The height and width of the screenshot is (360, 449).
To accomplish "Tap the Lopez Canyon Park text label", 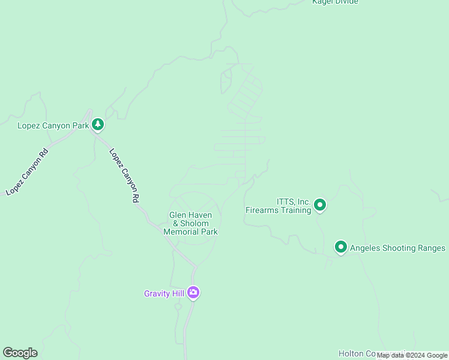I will (53, 125).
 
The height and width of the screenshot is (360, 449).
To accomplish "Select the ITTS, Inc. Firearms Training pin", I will (320, 206).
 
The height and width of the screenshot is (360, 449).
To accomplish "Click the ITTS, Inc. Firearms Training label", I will (278, 206).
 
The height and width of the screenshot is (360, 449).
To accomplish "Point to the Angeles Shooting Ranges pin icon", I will (341, 247).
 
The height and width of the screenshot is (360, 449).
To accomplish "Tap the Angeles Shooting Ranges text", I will (397, 248).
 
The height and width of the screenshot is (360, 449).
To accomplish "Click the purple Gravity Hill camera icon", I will (193, 293).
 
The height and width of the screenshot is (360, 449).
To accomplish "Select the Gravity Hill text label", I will (164, 293).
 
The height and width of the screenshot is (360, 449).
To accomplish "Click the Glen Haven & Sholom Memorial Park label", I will (190, 223).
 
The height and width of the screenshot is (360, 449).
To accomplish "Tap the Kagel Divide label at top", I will (335, 2).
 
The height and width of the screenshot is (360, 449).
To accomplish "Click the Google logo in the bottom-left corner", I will (20, 353).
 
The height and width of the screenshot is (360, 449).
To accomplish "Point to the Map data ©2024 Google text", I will (412, 356).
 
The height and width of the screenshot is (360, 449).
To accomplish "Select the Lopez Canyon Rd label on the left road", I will (27, 172).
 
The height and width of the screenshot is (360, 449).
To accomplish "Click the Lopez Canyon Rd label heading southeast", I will (124, 175).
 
